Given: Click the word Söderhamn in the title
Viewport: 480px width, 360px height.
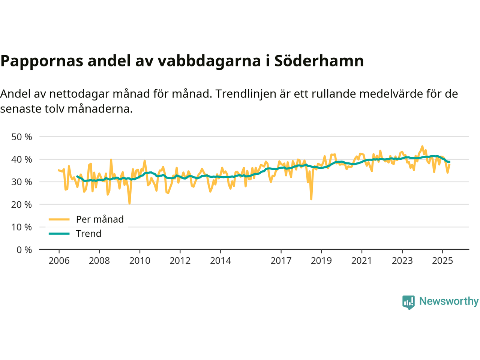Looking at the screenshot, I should pyautogui.click(x=319, y=61).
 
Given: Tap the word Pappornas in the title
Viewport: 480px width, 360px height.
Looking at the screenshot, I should pyautogui.click(x=42, y=61).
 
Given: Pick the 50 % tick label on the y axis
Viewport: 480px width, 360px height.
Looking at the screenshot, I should pyautogui.click(x=22, y=137).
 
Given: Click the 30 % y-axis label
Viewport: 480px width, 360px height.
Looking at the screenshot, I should pyautogui.click(x=22, y=182).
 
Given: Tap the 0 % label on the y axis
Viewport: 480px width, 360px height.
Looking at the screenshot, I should pyautogui.click(x=24, y=250).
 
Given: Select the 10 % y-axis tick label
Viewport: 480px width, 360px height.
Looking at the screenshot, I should pyautogui.click(x=22, y=227).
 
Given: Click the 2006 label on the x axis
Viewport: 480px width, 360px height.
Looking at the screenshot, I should pyautogui.click(x=59, y=261).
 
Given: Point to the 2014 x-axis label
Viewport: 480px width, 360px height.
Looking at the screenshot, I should pyautogui.click(x=220, y=261).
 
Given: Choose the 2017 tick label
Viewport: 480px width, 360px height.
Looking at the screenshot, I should pyautogui.click(x=281, y=261).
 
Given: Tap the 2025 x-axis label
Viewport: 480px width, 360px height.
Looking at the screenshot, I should pyautogui.click(x=442, y=261).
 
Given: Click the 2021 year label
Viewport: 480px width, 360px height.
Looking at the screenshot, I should pyautogui.click(x=361, y=261).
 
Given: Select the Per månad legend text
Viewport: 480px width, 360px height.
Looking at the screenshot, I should pyautogui.click(x=100, y=219).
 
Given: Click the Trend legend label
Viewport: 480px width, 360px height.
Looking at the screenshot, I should pyautogui.click(x=88, y=234).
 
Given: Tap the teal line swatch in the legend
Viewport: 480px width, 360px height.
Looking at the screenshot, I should pyautogui.click(x=59, y=234).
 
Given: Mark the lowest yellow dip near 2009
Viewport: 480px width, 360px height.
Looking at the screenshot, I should pyautogui.click(x=129, y=204).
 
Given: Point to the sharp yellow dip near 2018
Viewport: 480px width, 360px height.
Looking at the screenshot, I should pyautogui.click(x=311, y=199).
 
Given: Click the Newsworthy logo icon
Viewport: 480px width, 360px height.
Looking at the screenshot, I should pyautogui.click(x=408, y=302).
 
